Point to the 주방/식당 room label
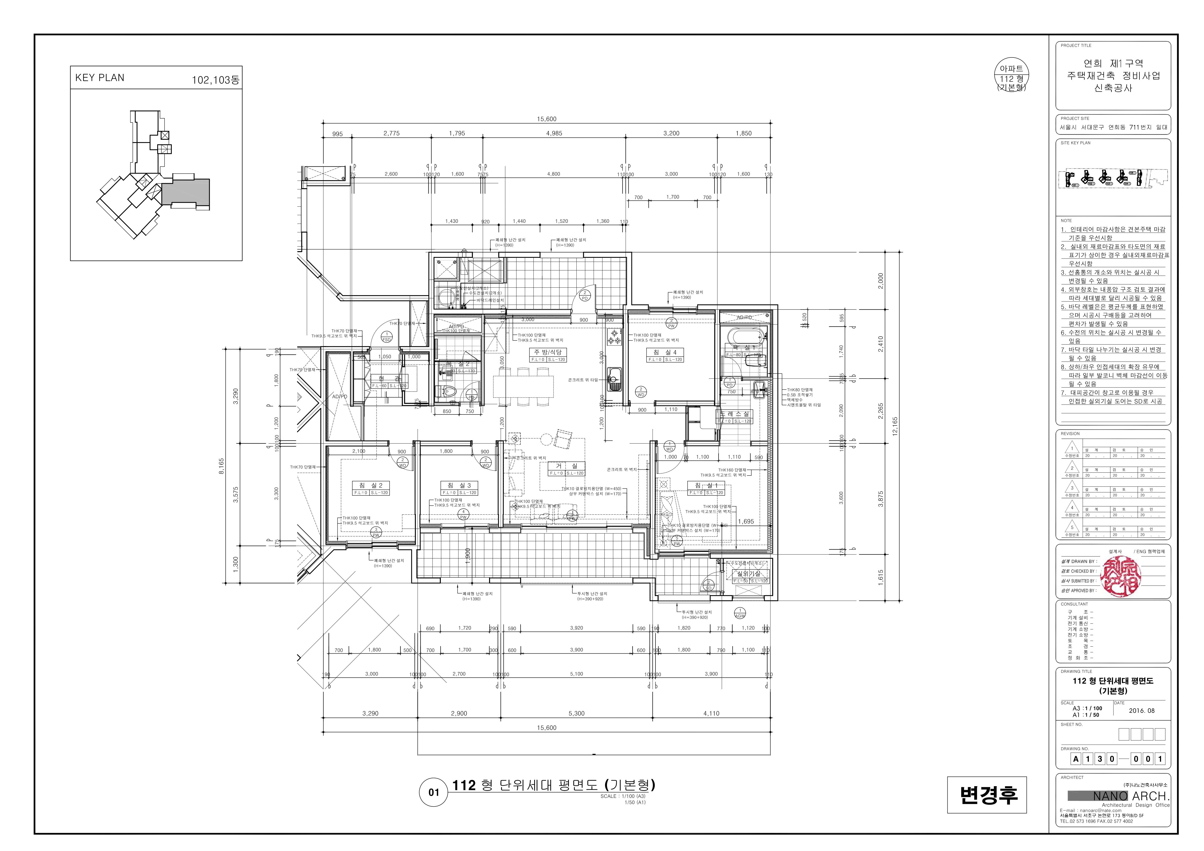click(x=548, y=352)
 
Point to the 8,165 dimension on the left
click(x=221, y=466)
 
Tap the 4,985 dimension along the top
click(x=554, y=133)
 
